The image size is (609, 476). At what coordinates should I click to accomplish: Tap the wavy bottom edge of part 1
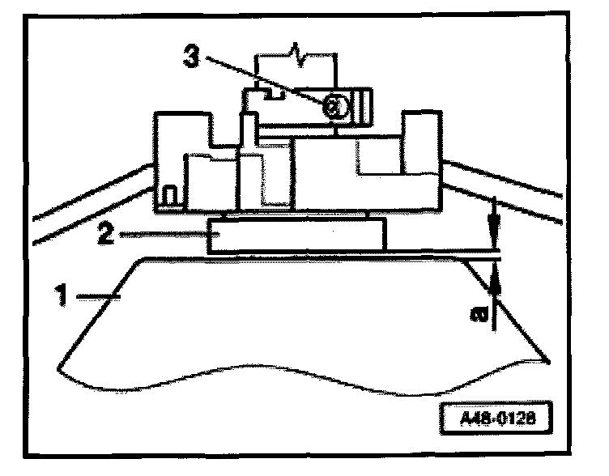(x=300, y=369)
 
